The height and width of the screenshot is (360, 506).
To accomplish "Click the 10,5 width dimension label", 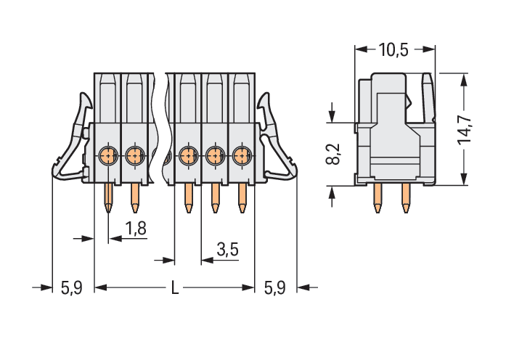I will pyautogui.click(x=393, y=50).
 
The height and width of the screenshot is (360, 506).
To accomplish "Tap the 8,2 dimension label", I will pyautogui.click(x=332, y=153).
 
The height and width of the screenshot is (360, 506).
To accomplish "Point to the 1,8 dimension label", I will pyautogui.click(x=136, y=229).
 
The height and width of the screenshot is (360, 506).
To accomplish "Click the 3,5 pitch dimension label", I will pyautogui.click(x=227, y=250).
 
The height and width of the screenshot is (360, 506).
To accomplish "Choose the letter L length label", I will pyautogui.click(x=174, y=288).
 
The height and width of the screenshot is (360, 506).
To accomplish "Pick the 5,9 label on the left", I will pyautogui.click(x=71, y=288).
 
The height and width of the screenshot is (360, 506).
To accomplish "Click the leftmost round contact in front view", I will pyautogui.click(x=107, y=155).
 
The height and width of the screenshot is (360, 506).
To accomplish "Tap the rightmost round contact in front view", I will pyautogui.click(x=242, y=155).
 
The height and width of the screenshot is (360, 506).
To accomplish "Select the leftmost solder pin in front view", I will pyautogui.click(x=108, y=197).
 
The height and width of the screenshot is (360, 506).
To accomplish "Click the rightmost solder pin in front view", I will pyautogui.click(x=242, y=197).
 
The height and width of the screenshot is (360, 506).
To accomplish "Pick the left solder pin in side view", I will pyautogui.click(x=378, y=198).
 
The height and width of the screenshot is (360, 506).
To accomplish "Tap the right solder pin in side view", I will pyautogui.click(x=405, y=198).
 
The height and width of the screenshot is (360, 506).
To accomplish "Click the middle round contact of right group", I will pyautogui.click(x=215, y=155).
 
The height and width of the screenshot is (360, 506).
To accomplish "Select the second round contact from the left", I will pyautogui.click(x=134, y=155).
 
